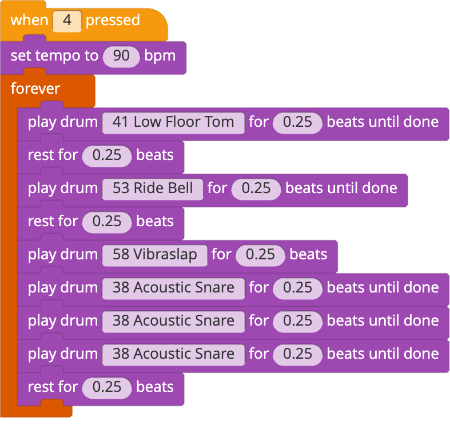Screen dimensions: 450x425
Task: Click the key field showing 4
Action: pyautogui.click(x=67, y=21)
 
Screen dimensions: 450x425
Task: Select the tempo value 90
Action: pyautogui.click(x=121, y=57)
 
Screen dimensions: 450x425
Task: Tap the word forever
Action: pyautogui.click(x=35, y=89)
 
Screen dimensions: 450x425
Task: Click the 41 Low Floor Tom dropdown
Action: pyautogui.click(x=173, y=123)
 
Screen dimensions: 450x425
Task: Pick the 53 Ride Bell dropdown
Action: pyautogui.click(x=153, y=189)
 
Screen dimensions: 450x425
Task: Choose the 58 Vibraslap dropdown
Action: pyautogui.click(x=155, y=255)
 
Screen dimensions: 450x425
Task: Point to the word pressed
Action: pyautogui.click(x=113, y=21)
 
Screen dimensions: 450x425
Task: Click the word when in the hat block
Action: pyautogui.click(x=29, y=21)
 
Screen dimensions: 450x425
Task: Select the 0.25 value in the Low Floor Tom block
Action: pyautogui.click(x=297, y=123)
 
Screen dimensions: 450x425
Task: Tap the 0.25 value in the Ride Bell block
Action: pyautogui.click(x=256, y=189)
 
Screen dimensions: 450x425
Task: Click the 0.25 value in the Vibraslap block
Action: pyautogui.click(x=261, y=255)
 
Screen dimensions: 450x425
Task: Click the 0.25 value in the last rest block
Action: pyautogui.click(x=107, y=388)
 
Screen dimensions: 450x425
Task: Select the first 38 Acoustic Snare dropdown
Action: pyautogui.click(x=173, y=288)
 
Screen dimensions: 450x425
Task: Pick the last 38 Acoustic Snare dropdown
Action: pyautogui.click(x=173, y=355)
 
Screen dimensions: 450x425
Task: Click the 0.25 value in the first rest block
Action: pyautogui.click(x=107, y=156)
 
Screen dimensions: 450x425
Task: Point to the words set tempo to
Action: pyautogui.click(x=54, y=56)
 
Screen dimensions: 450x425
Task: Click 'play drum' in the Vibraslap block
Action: pyautogui.click(x=63, y=255)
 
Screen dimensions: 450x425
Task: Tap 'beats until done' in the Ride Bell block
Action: pyautogui.click(x=341, y=189)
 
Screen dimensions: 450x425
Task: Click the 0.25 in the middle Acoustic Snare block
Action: pyautogui.click(x=297, y=322)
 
